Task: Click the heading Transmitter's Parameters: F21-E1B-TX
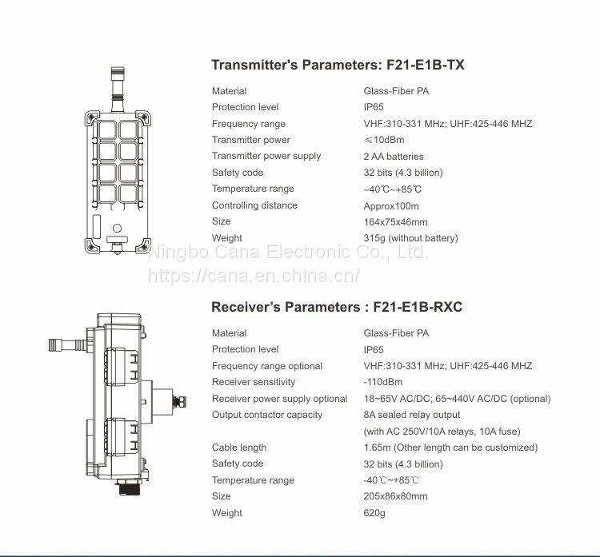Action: [x=338, y=65]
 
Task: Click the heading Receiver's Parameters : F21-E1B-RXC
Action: [x=337, y=307]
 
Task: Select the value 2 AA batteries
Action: [x=394, y=157]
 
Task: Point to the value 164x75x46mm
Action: [x=395, y=221]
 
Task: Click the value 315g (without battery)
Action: [x=410, y=238]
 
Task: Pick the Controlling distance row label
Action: [x=254, y=205]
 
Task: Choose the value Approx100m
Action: [x=392, y=205]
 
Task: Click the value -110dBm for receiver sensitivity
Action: [x=383, y=382]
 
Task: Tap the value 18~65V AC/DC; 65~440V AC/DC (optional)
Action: [x=457, y=399]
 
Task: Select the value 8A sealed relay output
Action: [x=412, y=415]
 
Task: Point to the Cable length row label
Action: [x=239, y=448]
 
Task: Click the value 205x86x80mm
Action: [x=395, y=496]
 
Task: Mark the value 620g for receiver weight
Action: [x=374, y=513]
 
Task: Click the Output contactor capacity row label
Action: [x=267, y=415]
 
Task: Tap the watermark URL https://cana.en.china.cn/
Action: [x=255, y=276]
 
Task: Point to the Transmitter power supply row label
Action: [x=266, y=156]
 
